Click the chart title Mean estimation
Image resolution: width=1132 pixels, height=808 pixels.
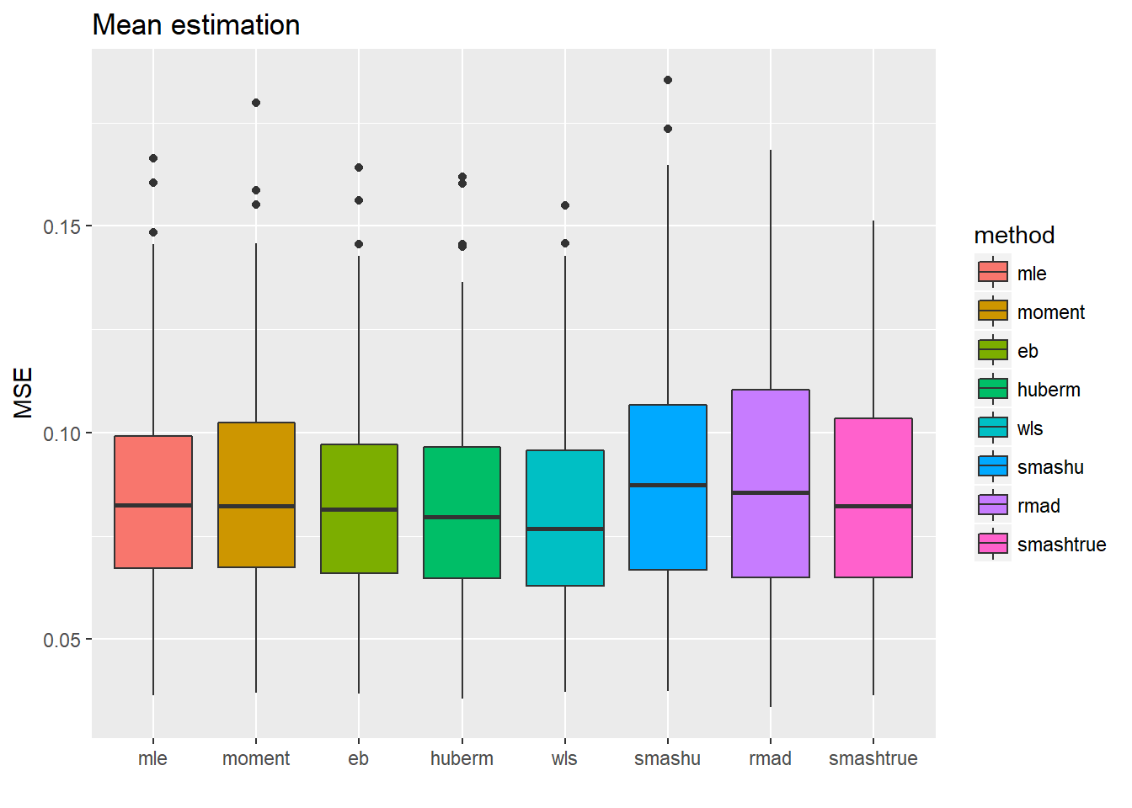pos(195,25)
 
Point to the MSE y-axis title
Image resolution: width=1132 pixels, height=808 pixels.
pos(24,392)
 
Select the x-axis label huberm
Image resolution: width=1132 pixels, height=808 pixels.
pos(462,758)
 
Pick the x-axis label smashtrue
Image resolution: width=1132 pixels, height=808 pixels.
pos(873,758)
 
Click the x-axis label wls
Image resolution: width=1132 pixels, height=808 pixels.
pos(564,758)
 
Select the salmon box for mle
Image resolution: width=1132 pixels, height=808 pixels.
pos(153,539)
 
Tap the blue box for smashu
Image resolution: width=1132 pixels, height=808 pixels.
pos(668,530)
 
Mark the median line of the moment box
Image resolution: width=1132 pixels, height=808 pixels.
pos(256,506)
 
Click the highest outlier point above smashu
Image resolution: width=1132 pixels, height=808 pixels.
pos(668,80)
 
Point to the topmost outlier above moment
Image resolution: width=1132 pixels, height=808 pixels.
pos(256,103)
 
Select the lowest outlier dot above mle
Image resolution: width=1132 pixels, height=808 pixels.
pos(153,232)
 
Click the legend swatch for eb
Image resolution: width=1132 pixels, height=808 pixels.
pos(993,350)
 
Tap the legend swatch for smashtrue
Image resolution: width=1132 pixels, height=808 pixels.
pos(993,544)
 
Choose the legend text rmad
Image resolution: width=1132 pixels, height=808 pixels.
pos(1039,506)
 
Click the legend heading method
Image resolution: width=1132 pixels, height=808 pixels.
pos(1014,235)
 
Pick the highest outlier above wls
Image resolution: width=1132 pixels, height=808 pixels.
pos(565,205)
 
